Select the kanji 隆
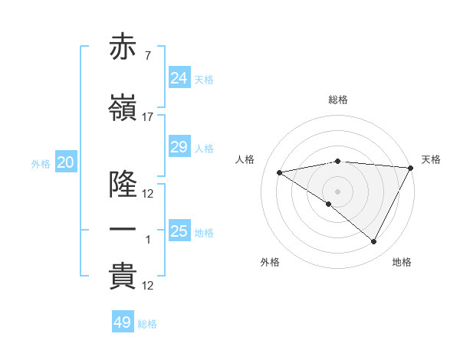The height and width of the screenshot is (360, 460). (x=123, y=185)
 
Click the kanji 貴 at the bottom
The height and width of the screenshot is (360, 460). (x=123, y=277)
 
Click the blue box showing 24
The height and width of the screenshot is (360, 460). (x=179, y=77)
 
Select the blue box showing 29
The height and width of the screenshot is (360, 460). (x=179, y=146)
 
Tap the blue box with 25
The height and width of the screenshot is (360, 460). (x=179, y=231)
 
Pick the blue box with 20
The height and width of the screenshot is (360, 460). (x=66, y=162)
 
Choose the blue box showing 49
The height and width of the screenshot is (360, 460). (x=123, y=322)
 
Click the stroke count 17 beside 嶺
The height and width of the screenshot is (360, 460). (x=148, y=117)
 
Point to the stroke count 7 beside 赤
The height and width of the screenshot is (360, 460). (x=148, y=56)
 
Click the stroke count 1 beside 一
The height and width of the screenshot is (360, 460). (x=148, y=240)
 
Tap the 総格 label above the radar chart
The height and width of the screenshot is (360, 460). (x=338, y=100)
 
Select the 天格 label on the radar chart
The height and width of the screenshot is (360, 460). (x=431, y=159)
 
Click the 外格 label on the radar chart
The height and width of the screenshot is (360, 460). (x=270, y=262)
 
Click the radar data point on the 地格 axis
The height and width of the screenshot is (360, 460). (x=374, y=242)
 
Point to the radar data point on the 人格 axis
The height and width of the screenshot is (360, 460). (x=280, y=172)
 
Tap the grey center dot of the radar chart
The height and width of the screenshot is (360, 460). (x=337, y=191)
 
